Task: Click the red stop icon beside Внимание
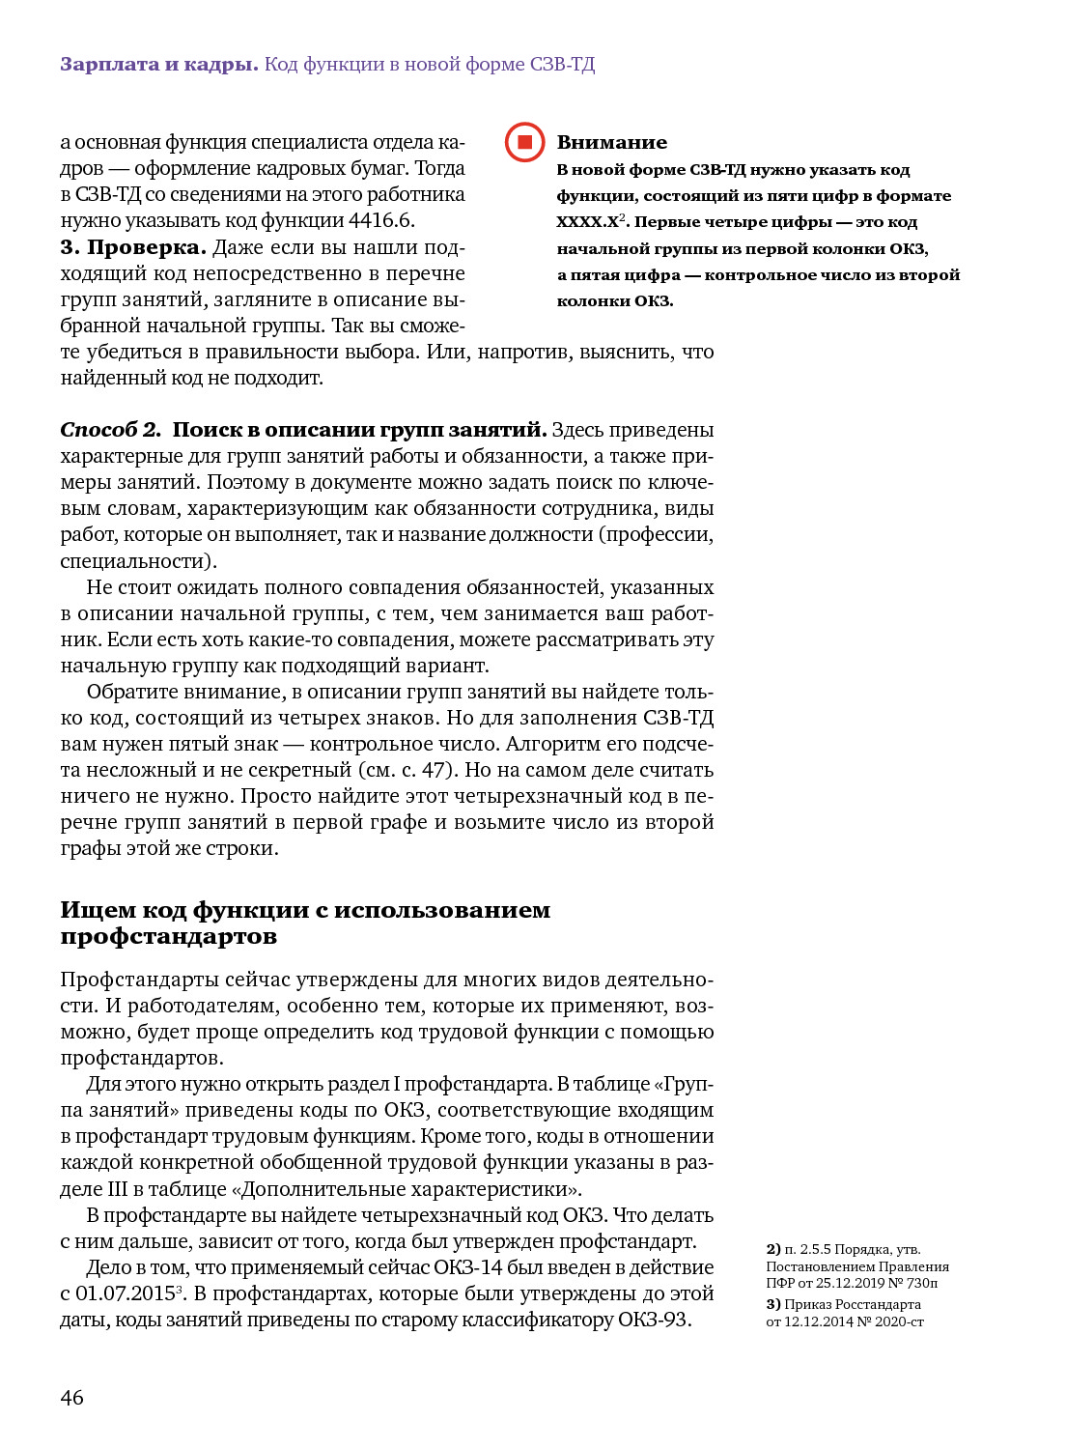tap(525, 142)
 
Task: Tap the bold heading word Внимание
tap(611, 142)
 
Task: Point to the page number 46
tap(72, 1397)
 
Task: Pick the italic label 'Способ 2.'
tap(110, 430)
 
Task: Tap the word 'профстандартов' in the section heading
tap(168, 936)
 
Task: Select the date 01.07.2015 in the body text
tap(125, 1293)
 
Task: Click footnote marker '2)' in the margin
tap(773, 1249)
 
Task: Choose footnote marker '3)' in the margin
tap(773, 1304)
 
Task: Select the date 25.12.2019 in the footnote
tap(851, 1283)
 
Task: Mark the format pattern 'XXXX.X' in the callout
tap(587, 222)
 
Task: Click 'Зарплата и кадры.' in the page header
tap(158, 65)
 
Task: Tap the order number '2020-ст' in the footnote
tap(900, 1321)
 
